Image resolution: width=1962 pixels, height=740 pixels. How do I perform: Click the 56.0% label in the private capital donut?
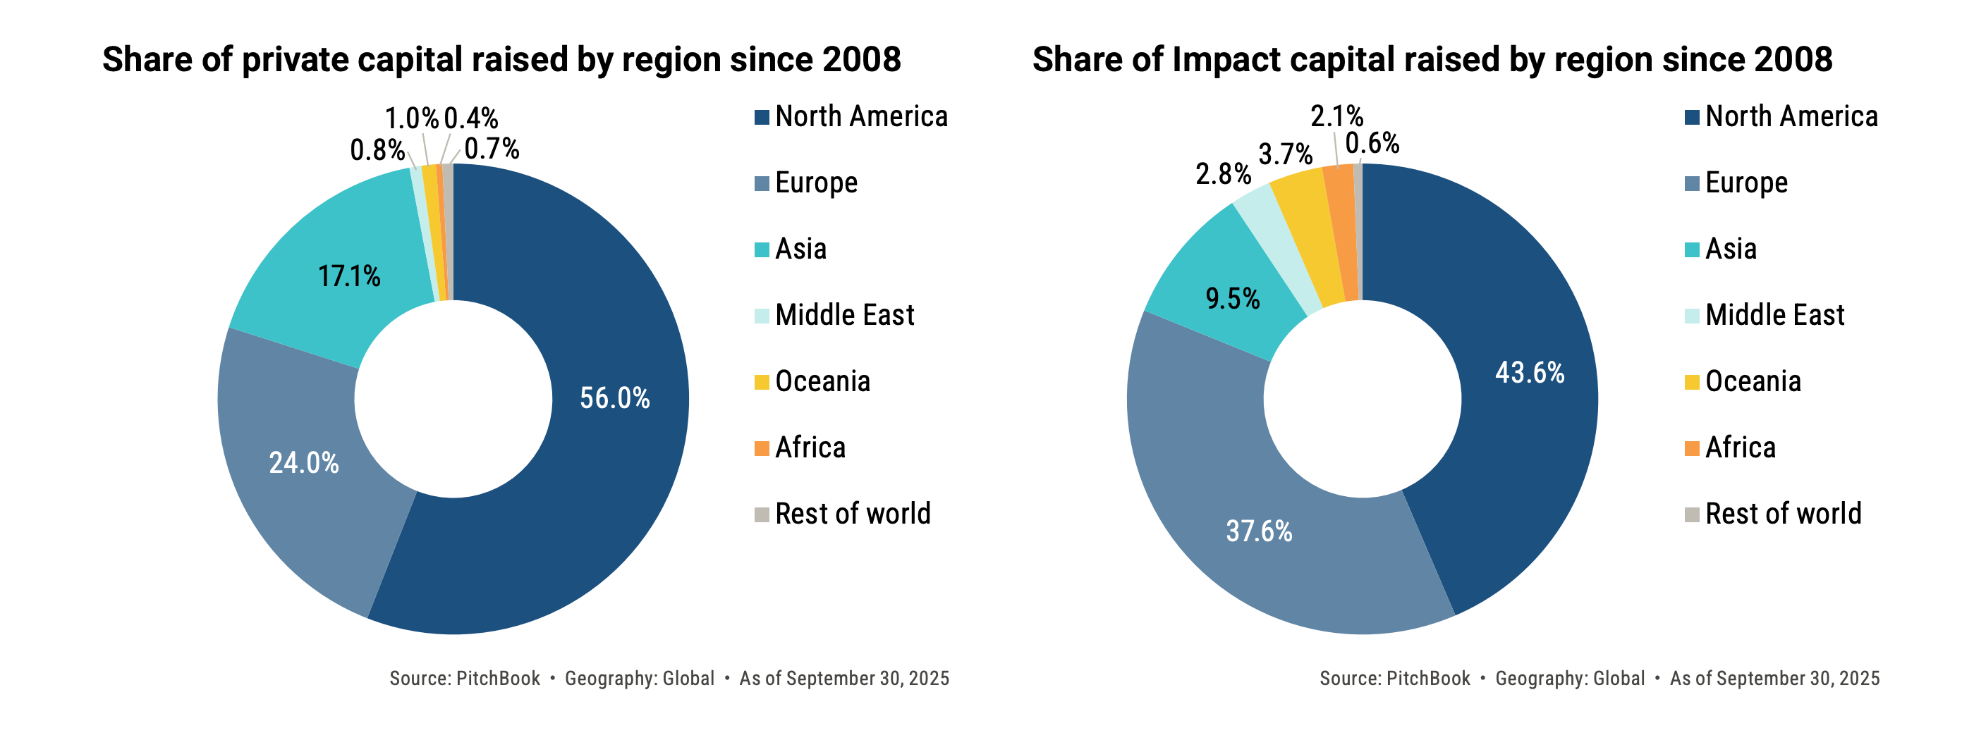[x=615, y=398]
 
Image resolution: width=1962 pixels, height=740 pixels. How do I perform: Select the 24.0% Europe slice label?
[x=304, y=463]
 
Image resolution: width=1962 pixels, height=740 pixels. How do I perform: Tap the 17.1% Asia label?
[x=349, y=276]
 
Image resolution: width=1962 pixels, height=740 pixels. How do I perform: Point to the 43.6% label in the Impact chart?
[x=1530, y=373]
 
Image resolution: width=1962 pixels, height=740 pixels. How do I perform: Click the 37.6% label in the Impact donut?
[x=1258, y=531]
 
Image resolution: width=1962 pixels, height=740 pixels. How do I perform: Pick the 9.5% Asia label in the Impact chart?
[x=1232, y=298]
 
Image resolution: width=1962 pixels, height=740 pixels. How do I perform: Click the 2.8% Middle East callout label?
[x=1223, y=174]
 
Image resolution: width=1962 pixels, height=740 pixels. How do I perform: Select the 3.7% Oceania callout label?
[x=1286, y=154]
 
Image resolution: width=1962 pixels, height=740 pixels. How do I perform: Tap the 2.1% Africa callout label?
[x=1336, y=116]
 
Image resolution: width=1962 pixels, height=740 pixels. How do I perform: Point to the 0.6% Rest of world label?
[x=1372, y=143]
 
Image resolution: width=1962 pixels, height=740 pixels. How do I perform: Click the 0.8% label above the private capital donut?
[x=377, y=150]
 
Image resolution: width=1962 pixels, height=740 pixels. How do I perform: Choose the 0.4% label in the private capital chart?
[x=470, y=119]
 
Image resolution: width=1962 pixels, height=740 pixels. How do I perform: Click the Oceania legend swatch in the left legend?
[x=762, y=382]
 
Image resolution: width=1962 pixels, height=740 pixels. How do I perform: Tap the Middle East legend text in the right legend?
[x=1774, y=315]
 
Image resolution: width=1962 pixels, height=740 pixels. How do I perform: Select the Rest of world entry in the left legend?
[x=852, y=514]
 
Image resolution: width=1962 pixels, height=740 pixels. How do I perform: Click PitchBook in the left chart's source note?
[x=497, y=678]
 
